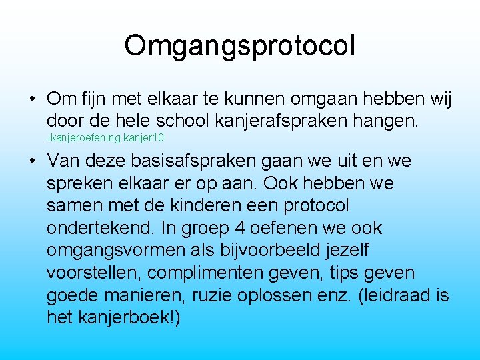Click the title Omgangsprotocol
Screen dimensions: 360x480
[239, 46]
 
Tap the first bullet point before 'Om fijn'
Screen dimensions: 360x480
[32, 99]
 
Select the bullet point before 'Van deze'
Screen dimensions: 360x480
[32, 161]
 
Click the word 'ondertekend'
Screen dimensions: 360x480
[100, 228]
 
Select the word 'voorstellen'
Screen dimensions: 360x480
[94, 273]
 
